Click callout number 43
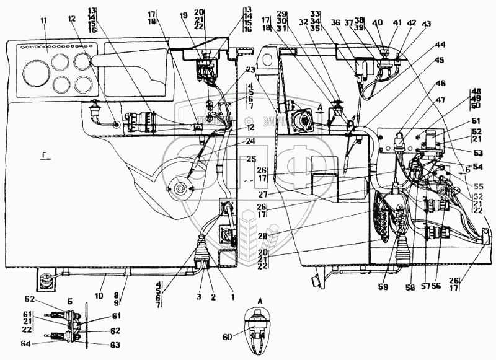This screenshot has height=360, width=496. click(425, 24)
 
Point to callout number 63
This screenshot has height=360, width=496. click(98, 345)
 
